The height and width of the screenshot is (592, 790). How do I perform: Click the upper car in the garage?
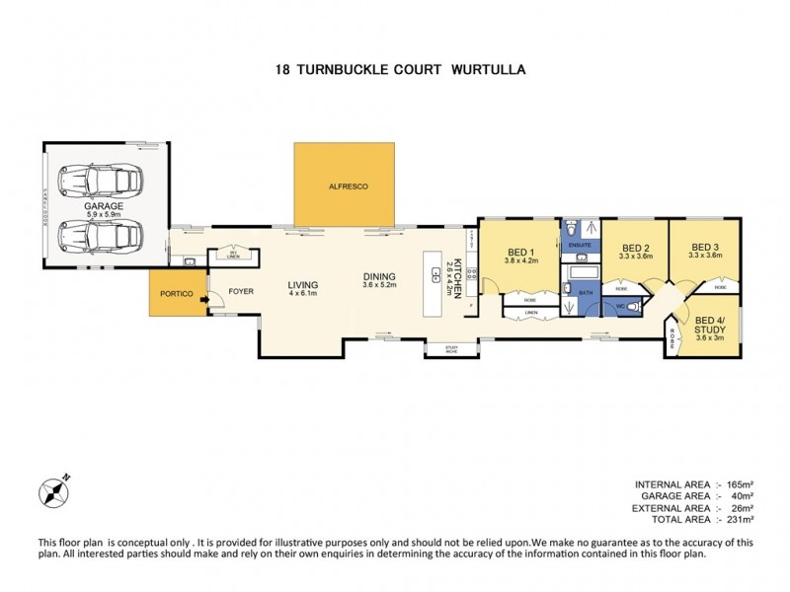(x=102, y=181)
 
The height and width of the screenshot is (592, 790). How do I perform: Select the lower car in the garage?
(x=102, y=236)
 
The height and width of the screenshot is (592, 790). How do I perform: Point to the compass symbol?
(x=52, y=490)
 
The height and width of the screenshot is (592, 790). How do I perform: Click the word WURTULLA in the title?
(x=488, y=70)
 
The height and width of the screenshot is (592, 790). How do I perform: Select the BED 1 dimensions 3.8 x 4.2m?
(x=519, y=260)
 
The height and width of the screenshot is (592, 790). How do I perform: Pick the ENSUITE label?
(x=579, y=244)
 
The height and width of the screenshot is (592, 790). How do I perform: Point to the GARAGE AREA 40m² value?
(x=741, y=496)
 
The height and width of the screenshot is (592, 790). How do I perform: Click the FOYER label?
(x=241, y=291)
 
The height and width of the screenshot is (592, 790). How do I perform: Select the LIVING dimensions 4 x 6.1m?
(x=303, y=293)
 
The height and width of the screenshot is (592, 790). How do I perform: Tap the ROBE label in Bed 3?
(x=720, y=287)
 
